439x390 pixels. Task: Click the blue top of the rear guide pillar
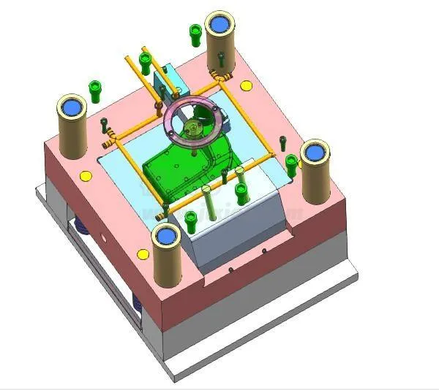(x=219, y=24)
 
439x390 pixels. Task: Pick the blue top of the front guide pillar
(x=166, y=235)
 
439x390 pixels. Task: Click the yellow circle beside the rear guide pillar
(x=245, y=86)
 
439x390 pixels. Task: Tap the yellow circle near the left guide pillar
(x=86, y=176)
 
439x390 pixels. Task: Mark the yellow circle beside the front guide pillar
(x=143, y=254)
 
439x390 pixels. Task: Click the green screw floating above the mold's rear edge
(x=195, y=33)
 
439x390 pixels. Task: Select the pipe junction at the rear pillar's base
(x=217, y=74)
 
